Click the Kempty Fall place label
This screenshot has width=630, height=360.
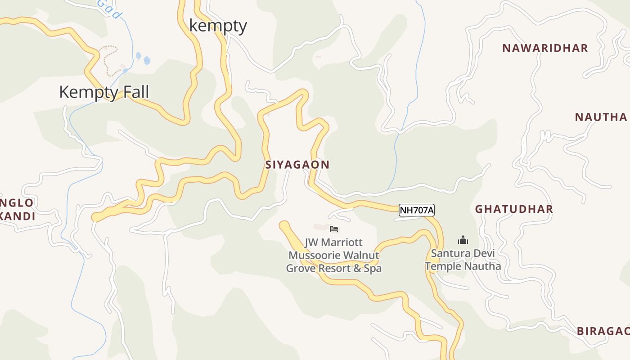click(104, 92)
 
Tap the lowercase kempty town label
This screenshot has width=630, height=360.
click(218, 25)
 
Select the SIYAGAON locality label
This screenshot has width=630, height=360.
click(297, 165)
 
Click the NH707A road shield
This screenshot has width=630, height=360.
click(417, 210)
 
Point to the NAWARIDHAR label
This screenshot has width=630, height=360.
click(545, 48)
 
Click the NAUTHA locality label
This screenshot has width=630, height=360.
click(601, 117)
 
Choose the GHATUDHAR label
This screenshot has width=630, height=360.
click(514, 209)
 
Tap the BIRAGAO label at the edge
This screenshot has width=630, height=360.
click(603, 331)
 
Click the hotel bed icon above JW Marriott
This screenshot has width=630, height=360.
click(334, 229)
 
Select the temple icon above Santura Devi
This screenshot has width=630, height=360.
click(463, 240)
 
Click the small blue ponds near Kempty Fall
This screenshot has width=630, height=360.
click(143, 58)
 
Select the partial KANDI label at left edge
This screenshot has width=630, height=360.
click(18, 216)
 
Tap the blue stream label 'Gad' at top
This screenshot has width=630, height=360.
click(109, 9)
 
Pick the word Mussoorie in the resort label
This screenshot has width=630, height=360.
click(315, 256)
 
